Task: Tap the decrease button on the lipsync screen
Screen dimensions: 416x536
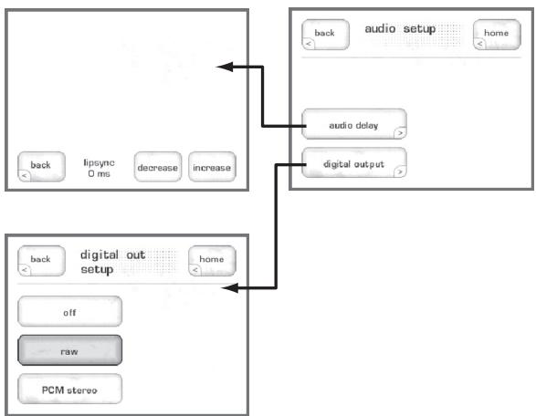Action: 157,167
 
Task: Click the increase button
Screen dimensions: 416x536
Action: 211,167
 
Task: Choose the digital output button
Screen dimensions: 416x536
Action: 353,164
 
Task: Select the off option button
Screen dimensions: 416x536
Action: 69,312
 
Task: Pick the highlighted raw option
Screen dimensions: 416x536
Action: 69,350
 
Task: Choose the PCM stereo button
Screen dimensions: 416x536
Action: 69,388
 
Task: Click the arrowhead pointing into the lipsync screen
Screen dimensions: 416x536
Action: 223,67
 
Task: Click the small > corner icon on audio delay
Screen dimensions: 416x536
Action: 401,133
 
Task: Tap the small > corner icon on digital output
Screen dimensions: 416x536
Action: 401,174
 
